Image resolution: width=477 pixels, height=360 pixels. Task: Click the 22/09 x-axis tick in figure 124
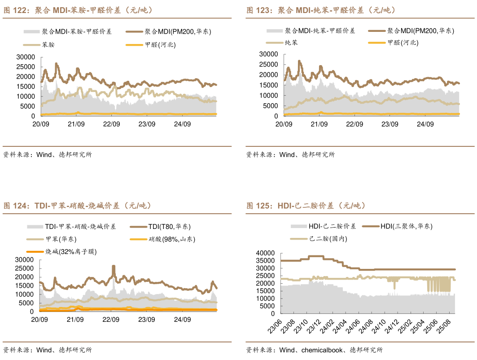click(111, 320)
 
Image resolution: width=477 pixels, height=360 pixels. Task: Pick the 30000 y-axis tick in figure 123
click(268, 54)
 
